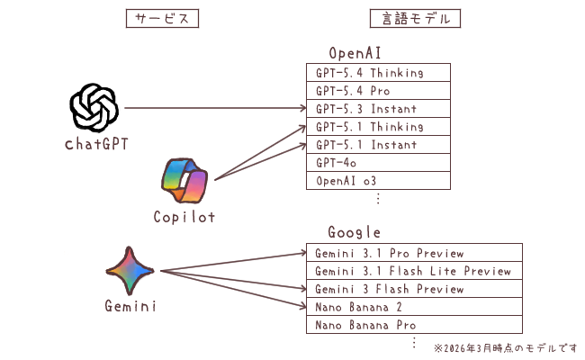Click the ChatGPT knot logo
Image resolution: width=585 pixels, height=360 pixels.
click(94, 108)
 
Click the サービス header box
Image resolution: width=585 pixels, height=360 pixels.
click(161, 18)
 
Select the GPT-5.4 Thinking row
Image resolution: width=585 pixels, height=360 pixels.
click(378, 73)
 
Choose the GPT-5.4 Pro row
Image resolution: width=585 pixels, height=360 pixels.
click(378, 91)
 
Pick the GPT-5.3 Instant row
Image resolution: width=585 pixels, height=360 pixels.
click(378, 109)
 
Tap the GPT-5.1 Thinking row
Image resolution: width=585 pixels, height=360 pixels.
click(378, 127)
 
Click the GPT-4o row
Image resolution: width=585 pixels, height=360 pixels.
click(378, 163)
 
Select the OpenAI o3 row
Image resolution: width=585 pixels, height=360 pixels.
click(378, 181)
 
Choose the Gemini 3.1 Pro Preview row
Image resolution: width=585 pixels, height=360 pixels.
click(414, 253)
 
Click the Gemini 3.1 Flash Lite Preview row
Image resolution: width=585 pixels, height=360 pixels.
click(414, 271)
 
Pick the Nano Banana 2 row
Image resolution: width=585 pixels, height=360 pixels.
click(414, 307)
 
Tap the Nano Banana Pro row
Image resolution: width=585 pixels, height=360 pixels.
click(414, 325)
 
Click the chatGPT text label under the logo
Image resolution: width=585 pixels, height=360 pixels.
click(94, 144)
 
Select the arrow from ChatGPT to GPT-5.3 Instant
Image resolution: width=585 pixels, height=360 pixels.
click(216, 109)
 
